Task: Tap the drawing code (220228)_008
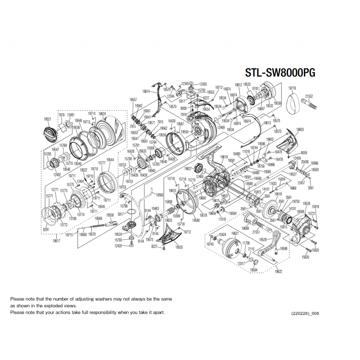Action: point(306,313)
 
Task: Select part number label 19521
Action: point(47,119)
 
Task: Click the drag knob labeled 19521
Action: point(49,134)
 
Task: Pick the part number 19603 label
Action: point(300,130)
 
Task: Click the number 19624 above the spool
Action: point(102,114)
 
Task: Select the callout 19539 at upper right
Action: point(277,103)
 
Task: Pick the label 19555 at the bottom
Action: point(180,247)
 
